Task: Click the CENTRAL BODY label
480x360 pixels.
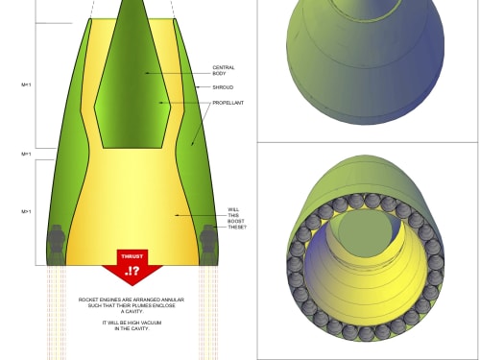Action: (x=224, y=70)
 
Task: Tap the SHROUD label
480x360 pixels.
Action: (x=223, y=87)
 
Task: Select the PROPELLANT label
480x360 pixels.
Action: (x=228, y=103)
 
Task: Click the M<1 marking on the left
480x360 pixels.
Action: (x=26, y=84)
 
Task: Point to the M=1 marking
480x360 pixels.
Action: (x=26, y=154)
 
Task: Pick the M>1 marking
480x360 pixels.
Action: (x=26, y=211)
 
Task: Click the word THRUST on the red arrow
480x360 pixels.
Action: (x=132, y=256)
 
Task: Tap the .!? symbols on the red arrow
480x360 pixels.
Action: (x=132, y=271)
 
